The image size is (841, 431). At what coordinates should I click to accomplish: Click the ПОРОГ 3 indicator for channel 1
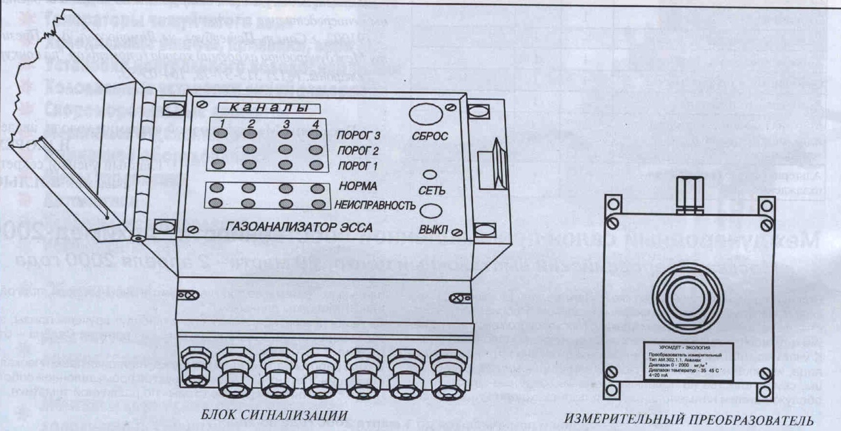pyautogui.click(x=221, y=134)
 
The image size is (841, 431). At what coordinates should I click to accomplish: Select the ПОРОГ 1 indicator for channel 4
pyautogui.click(x=315, y=164)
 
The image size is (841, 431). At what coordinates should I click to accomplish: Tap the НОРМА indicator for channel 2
pyautogui.click(x=250, y=189)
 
